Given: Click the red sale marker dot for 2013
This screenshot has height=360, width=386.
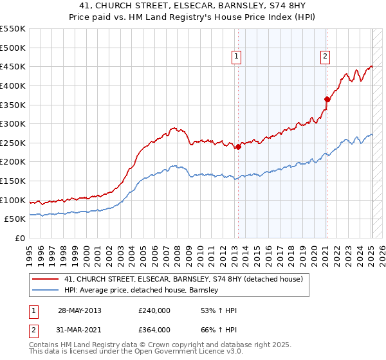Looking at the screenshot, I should (x=238, y=147).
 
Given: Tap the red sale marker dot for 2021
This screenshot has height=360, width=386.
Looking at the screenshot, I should (x=327, y=99).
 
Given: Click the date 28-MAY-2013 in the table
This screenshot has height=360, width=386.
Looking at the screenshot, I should (x=79, y=310).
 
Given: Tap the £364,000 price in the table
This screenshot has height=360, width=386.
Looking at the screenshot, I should (x=154, y=329).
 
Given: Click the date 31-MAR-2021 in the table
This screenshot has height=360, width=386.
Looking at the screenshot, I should (x=79, y=329).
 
